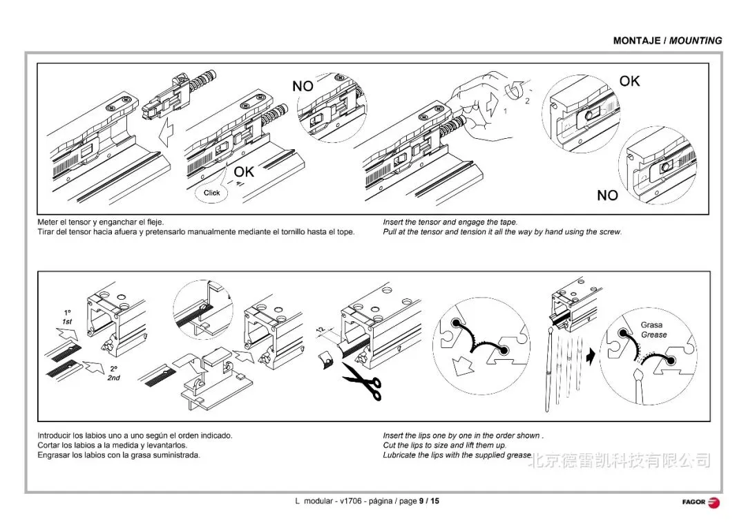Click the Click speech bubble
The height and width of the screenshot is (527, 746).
pos(211,193)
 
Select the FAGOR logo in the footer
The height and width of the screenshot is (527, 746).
pos(700,501)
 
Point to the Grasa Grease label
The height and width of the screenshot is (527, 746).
pos(653,329)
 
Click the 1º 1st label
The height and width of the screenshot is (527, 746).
pos(67,318)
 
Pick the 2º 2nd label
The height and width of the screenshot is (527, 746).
pos(113,374)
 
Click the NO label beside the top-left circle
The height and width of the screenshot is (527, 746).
pos(303,86)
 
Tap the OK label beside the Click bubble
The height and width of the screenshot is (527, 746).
pos(244,172)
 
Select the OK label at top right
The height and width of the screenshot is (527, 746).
pos(629,82)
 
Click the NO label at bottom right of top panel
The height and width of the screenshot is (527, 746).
pos(607,195)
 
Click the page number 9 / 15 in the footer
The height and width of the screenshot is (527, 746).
pos(428,501)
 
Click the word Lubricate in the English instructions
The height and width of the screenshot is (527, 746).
pos(401,455)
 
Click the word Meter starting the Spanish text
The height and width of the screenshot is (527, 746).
pos(48,222)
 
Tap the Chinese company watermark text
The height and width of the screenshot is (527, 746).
pos(619,459)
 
